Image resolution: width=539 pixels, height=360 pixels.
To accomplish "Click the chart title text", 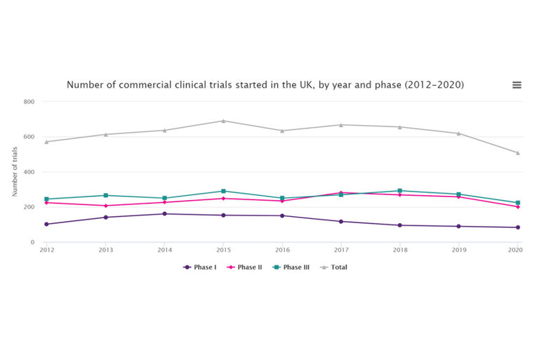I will coord(265,85).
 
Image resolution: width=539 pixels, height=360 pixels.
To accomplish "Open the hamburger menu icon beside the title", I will coord(517,85).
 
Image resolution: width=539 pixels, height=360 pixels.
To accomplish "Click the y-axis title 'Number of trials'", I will coord(15,172).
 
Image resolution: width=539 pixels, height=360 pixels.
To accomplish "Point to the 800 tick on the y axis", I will coord(29,102).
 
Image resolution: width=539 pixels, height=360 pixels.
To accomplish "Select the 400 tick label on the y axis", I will coord(29,172).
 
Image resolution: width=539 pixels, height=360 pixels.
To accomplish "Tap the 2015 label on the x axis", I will coord(223,250).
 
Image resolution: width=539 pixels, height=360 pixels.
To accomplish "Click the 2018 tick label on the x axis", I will coord(399,250).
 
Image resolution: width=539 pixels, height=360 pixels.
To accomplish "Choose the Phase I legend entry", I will coord(200,267).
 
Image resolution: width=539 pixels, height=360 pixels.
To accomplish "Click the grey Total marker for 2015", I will coord(223,121).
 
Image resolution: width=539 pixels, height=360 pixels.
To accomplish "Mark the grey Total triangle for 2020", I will coord(517,153).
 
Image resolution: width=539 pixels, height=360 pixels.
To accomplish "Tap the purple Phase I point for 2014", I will coord(164,214).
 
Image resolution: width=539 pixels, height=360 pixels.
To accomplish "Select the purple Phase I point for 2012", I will coord(47,225).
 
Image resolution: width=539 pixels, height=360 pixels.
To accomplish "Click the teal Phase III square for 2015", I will coord(223,191).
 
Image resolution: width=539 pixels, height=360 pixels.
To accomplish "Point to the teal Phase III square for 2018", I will coord(399,191).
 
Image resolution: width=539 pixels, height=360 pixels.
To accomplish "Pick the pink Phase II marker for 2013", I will coord(106,206).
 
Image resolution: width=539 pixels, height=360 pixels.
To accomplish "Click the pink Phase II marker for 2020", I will coord(517,207).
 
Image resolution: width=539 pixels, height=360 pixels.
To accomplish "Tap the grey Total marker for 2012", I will coord(47,142).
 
